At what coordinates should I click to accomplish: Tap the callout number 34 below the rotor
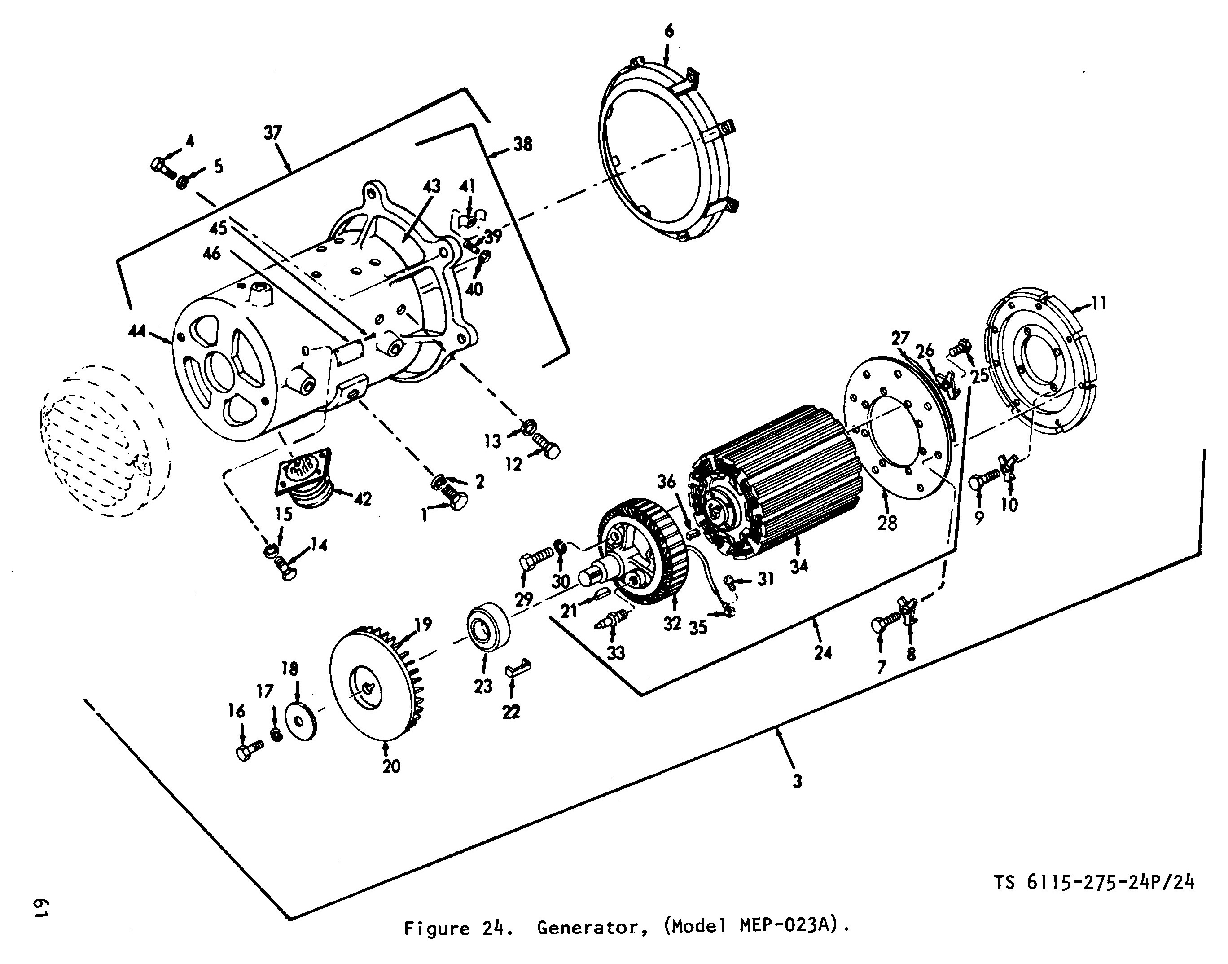click(x=799, y=566)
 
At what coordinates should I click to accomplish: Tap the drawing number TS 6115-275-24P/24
click(x=1094, y=882)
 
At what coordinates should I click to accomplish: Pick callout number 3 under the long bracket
click(x=797, y=781)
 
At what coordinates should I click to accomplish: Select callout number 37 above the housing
click(x=273, y=133)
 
